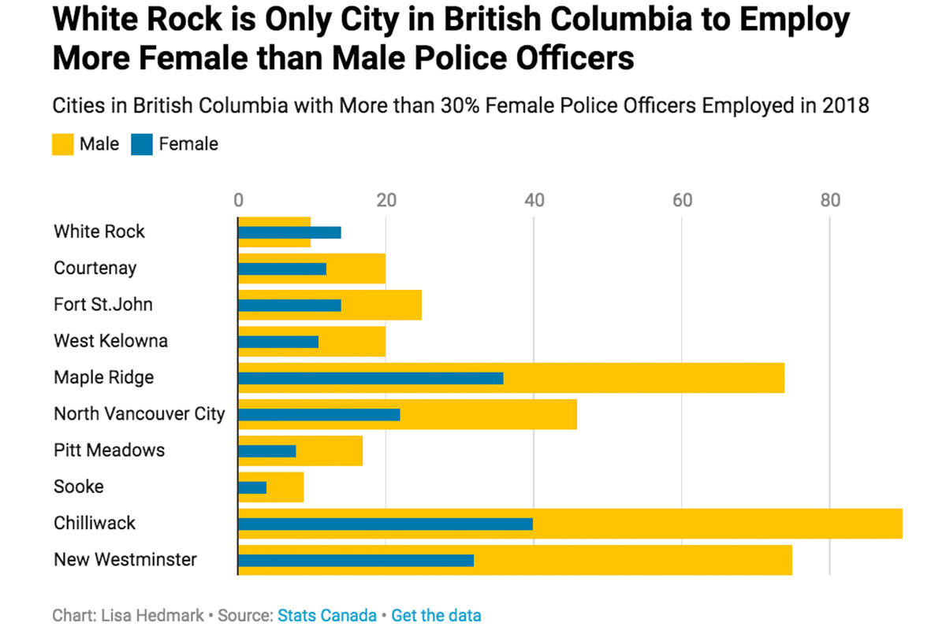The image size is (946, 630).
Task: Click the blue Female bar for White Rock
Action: pyautogui.click(x=289, y=232)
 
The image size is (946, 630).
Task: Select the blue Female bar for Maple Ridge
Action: pyautogui.click(x=371, y=378)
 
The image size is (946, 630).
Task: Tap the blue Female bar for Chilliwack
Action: pyautogui.click(x=385, y=524)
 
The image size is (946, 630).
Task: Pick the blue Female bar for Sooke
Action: pyautogui.click(x=252, y=487)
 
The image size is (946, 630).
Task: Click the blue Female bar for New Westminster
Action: pyautogui.click(x=356, y=561)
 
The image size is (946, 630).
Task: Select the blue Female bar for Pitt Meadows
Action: pyautogui.click(x=266, y=451)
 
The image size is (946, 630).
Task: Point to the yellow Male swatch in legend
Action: pyautogui.click(x=63, y=144)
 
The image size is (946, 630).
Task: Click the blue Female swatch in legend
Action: pyautogui.click(x=142, y=144)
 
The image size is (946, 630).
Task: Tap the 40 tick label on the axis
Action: pyautogui.click(x=534, y=201)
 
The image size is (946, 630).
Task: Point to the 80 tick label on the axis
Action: pyautogui.click(x=830, y=201)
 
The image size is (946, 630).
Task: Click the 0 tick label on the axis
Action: pyautogui.click(x=239, y=201)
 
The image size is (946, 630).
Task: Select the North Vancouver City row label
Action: pyautogui.click(x=140, y=413)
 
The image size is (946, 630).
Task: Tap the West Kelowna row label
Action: pyautogui.click(x=110, y=341)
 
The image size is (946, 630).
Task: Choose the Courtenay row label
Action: pyautogui.click(x=95, y=268)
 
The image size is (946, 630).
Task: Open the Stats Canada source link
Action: pyautogui.click(x=327, y=615)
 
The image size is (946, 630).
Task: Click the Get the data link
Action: pyautogui.click(x=436, y=615)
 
